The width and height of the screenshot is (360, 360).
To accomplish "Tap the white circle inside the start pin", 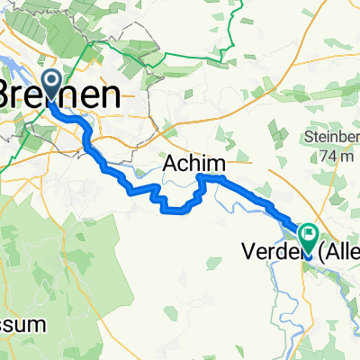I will click(49, 84).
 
